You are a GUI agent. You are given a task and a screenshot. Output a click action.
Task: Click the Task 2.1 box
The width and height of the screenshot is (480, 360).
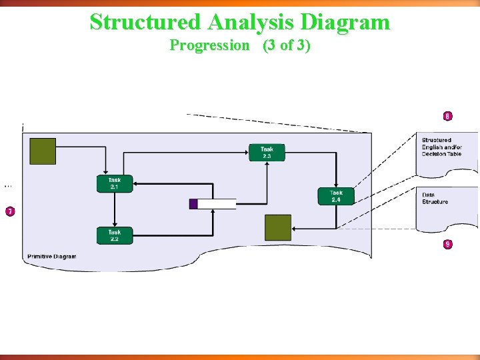115,184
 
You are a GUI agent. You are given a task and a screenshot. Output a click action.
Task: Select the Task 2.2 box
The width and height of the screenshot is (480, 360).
115,235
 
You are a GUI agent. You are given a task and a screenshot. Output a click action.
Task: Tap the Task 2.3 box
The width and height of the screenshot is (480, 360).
267,153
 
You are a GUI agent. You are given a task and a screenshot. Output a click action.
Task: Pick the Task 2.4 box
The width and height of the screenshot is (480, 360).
335,196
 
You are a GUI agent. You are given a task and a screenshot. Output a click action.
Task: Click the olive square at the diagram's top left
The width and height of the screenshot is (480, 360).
43,151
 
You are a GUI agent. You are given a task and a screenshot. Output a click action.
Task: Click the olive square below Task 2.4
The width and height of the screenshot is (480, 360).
278,227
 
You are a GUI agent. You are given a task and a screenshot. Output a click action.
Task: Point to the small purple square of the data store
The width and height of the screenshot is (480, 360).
193,204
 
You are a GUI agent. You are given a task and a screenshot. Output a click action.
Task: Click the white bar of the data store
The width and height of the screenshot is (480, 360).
217,204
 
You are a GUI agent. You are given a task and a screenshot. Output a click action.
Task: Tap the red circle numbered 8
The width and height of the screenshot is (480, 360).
447,116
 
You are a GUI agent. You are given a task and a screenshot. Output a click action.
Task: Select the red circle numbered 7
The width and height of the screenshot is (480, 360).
10,211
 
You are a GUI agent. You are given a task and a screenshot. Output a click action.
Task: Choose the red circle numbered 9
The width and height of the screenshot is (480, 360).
447,244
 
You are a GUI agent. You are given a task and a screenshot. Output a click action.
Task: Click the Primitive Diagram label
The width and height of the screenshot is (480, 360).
52,257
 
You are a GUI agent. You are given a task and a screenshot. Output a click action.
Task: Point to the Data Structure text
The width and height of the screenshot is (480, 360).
435,198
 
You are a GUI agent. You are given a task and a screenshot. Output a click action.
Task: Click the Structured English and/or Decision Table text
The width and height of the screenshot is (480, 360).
441,147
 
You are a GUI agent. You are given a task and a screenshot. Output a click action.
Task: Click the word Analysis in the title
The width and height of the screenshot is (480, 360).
251,22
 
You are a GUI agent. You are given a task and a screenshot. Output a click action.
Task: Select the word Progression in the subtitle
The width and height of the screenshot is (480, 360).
209,45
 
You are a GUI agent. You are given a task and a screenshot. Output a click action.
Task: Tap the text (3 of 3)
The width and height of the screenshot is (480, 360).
287,45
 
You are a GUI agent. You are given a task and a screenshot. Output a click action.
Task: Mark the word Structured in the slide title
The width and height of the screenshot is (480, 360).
145,22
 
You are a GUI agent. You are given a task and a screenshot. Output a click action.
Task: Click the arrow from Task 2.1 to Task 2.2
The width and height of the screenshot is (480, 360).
115,210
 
